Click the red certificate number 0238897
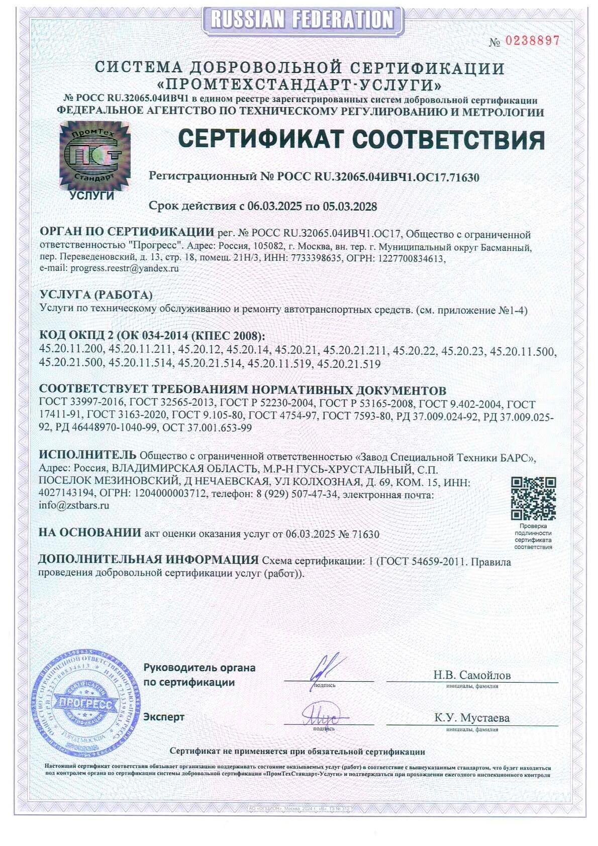coord(532,41)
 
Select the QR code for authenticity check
coord(533,498)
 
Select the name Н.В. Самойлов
coord(472,675)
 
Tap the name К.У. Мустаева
coord(472,718)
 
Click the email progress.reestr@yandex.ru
coord(125,268)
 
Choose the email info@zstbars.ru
coord(74,506)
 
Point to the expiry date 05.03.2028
coord(348,206)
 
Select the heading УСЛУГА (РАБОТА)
coord(95,295)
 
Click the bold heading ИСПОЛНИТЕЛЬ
coord(87,455)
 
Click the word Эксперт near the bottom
coord(164,717)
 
